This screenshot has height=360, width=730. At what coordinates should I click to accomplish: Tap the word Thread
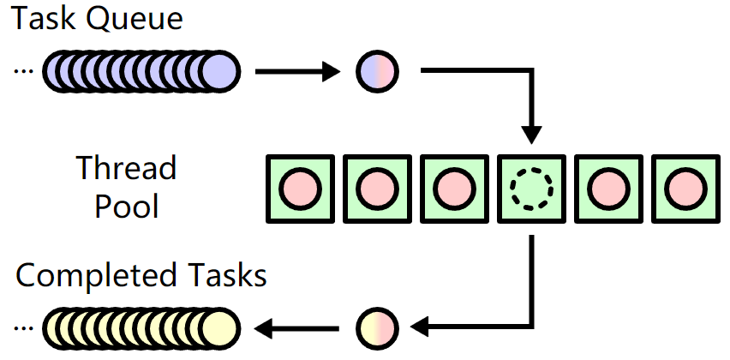pyautogui.click(x=126, y=167)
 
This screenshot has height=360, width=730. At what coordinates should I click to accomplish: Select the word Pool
pyautogui.click(x=128, y=206)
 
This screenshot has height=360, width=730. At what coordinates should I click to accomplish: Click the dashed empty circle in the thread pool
pyautogui.click(x=531, y=186)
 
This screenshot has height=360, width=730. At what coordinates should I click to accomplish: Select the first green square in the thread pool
pyautogui.click(x=300, y=186)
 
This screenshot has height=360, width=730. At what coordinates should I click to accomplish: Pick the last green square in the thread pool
pyautogui.click(x=685, y=186)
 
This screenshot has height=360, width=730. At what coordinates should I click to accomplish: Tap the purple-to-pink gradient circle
pyautogui.click(x=378, y=71)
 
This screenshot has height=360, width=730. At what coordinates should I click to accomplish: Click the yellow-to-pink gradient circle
pyautogui.click(x=378, y=327)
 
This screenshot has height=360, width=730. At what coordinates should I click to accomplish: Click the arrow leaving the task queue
pyautogui.click(x=296, y=71)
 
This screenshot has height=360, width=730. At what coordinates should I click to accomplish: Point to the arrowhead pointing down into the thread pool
pyautogui.click(x=531, y=133)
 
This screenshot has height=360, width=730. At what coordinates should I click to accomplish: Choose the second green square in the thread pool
pyautogui.click(x=377, y=186)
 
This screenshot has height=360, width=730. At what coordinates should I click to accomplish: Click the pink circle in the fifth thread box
pyautogui.click(x=608, y=186)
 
